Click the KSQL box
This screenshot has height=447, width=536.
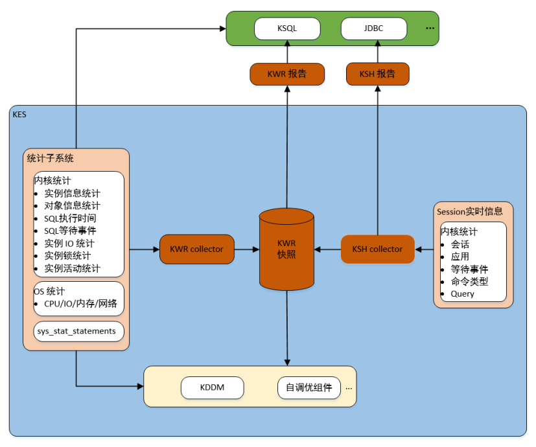click(x=287, y=29)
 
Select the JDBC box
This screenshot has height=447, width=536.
click(x=374, y=29)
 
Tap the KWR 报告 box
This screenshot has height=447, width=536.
click(x=286, y=74)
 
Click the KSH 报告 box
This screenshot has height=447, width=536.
click(x=377, y=74)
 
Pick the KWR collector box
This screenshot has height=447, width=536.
click(x=196, y=249)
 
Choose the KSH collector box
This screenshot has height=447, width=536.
click(x=377, y=249)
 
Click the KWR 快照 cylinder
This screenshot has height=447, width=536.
click(x=286, y=249)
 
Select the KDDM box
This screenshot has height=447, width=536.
click(x=212, y=388)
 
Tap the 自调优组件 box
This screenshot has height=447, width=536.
click(x=309, y=388)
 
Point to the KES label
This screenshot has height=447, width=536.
click(x=19, y=114)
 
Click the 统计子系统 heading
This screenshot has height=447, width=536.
click(x=50, y=158)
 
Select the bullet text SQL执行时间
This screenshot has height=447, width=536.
click(x=70, y=218)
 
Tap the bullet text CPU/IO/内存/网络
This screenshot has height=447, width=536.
click(x=80, y=303)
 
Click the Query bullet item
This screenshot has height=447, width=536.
click(x=462, y=293)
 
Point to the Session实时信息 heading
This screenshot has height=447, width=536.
click(x=470, y=211)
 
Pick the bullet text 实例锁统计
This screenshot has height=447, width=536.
click(x=67, y=256)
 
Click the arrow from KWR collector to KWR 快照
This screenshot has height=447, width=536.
click(x=246, y=249)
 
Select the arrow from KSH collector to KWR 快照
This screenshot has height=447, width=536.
click(x=328, y=249)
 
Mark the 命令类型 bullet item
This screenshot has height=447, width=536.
click(x=469, y=281)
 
